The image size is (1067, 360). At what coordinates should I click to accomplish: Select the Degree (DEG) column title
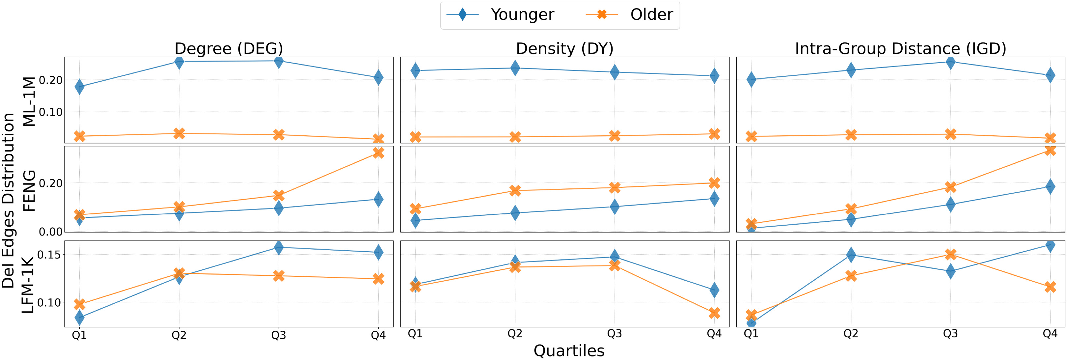point(229,48)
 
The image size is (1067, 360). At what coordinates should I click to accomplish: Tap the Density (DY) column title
point(564,48)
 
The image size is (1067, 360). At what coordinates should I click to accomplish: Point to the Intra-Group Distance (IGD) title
point(900,48)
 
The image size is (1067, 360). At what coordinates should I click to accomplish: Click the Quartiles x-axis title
point(569,350)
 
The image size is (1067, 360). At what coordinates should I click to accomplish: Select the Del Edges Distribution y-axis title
point(8,201)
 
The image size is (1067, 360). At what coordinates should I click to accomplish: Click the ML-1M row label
point(29,101)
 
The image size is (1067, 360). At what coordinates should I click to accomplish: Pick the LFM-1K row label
point(28,285)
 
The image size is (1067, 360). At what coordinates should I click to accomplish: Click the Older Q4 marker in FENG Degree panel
point(378,153)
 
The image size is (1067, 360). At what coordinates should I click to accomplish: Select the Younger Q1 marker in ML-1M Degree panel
point(79,87)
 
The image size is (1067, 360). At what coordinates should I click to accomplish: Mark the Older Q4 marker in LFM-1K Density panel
point(714,313)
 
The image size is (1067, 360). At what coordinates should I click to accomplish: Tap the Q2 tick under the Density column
point(515,334)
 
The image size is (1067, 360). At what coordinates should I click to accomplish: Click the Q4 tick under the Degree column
point(378,335)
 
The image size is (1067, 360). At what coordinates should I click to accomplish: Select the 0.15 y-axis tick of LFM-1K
point(49,254)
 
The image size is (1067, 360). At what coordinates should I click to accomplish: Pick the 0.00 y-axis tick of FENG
point(50,232)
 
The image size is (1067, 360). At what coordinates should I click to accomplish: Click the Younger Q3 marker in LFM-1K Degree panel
point(279,247)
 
